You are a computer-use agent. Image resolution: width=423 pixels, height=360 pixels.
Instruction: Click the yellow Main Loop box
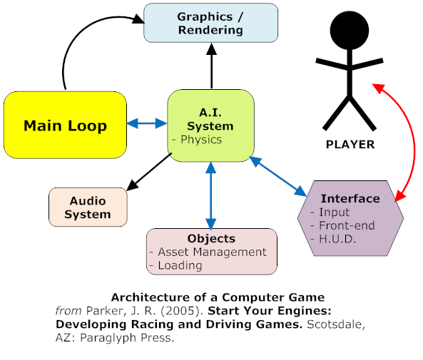(x=65, y=125)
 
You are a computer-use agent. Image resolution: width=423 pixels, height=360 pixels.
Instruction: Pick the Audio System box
(x=88, y=207)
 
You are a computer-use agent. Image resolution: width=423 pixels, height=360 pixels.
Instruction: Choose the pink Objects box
(x=211, y=251)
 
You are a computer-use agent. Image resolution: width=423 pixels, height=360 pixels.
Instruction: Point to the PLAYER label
(x=350, y=145)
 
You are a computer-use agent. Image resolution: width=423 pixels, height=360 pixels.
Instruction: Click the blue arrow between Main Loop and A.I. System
(x=146, y=123)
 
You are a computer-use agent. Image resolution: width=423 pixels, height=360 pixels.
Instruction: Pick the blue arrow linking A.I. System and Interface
(x=277, y=177)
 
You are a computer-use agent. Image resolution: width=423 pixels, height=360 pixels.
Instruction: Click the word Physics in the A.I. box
(x=201, y=140)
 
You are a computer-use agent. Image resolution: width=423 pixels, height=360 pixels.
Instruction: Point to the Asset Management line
(x=211, y=252)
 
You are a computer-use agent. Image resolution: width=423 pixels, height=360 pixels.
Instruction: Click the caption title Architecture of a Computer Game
(x=218, y=297)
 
